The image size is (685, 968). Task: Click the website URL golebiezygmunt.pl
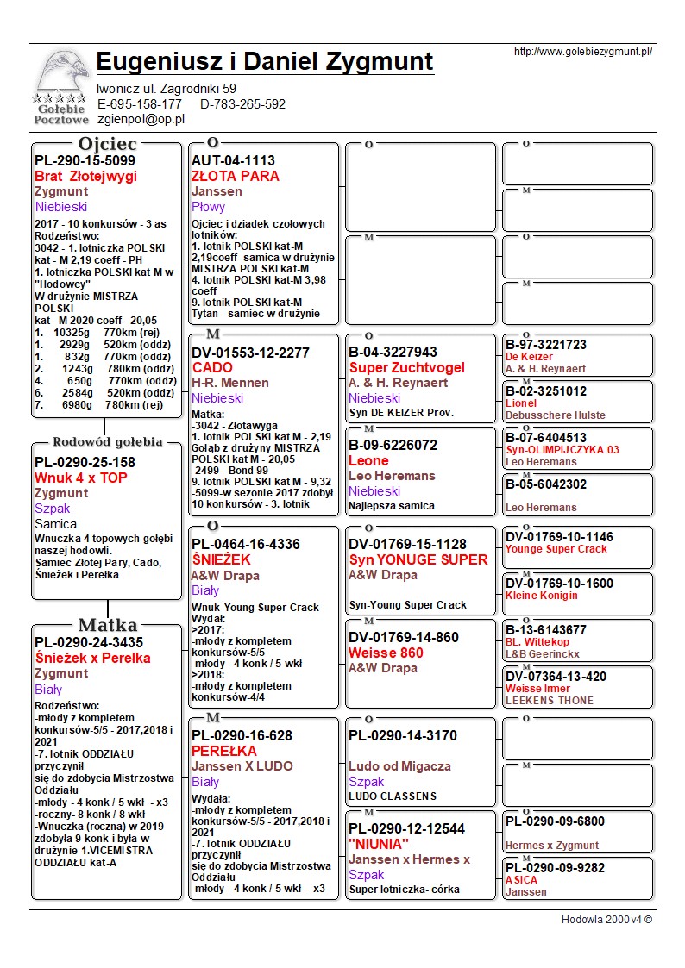click(x=582, y=52)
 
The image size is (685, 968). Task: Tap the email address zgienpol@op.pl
click(x=141, y=120)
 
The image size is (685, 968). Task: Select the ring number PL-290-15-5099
click(x=85, y=161)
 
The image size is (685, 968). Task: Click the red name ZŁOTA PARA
click(x=236, y=177)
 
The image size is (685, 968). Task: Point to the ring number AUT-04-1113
click(x=233, y=161)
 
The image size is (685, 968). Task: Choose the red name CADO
click(x=212, y=368)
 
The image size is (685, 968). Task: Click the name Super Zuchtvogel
click(x=406, y=368)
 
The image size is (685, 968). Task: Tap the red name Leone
click(x=368, y=461)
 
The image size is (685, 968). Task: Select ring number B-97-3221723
click(x=546, y=345)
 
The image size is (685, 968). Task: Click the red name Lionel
click(x=521, y=403)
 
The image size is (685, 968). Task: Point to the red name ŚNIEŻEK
click(x=221, y=560)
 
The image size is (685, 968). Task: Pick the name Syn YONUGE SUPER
click(x=418, y=560)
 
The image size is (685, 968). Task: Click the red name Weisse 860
click(x=386, y=653)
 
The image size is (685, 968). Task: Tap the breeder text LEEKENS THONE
click(x=550, y=701)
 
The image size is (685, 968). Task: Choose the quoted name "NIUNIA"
click(x=379, y=845)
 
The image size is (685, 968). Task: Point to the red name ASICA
click(x=521, y=880)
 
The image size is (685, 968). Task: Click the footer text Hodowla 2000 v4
click(x=606, y=920)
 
